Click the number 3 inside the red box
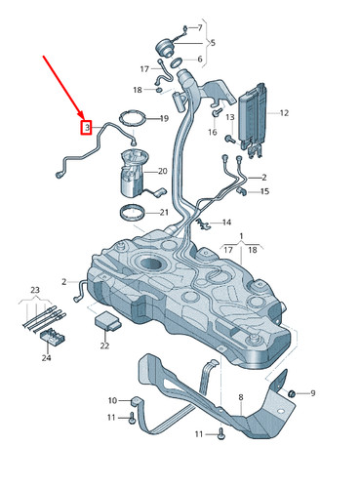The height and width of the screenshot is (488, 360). (x=87, y=128)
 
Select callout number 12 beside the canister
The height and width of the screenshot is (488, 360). (x=284, y=113)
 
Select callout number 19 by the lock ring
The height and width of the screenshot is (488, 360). (x=163, y=119)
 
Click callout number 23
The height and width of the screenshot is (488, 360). (x=34, y=290)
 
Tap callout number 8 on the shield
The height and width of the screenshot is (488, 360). (x=241, y=397)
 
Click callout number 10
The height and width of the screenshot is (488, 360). (x=112, y=400)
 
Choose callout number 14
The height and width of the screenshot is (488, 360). (x=226, y=223)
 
